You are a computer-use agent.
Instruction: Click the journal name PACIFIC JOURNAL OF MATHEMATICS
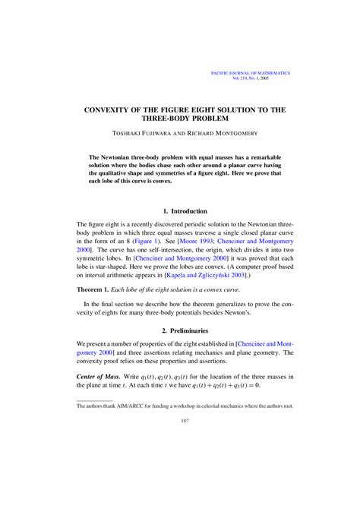click(x=250, y=73)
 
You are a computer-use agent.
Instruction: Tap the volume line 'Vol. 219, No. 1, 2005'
click(x=267, y=79)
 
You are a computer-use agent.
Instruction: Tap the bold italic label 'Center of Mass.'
click(x=104, y=378)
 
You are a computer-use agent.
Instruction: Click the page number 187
click(x=179, y=440)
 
